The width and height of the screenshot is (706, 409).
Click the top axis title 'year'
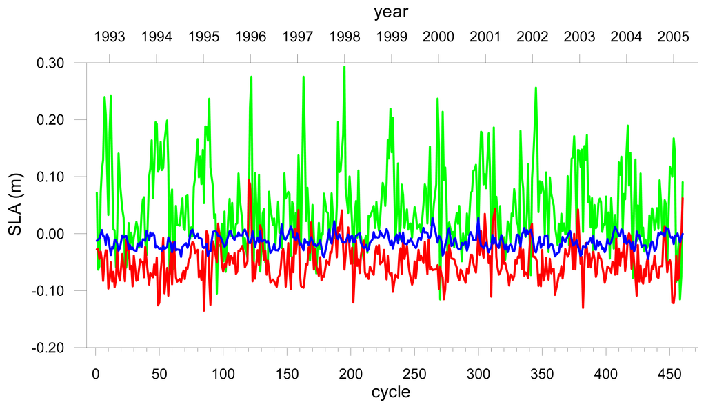tap(391, 12)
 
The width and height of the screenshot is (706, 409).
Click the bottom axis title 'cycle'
tap(391, 392)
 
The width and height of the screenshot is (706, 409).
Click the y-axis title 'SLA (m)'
tap(15, 204)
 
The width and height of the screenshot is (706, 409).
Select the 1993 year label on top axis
tap(110, 37)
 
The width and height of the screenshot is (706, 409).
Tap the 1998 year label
tap(345, 37)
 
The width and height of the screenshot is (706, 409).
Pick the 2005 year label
tap(673, 37)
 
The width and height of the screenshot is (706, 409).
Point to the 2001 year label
tap(485, 37)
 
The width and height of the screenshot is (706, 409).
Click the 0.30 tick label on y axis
tap(50, 63)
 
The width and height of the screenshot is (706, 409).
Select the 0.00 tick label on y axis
tap(50, 234)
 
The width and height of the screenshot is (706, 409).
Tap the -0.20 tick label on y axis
tap(48, 348)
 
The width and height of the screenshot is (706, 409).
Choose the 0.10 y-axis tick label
tap(50, 177)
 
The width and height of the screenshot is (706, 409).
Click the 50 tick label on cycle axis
tap(159, 374)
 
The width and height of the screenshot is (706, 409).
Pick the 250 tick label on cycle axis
tap(414, 374)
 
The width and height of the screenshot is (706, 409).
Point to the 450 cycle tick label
tap(669, 374)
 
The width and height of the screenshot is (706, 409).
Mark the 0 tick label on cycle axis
tap(95, 374)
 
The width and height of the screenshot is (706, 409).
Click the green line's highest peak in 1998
tap(345, 67)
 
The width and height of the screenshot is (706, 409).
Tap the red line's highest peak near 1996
tap(248, 180)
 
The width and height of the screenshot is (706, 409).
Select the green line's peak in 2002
tap(536, 88)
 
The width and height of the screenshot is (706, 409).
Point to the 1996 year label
tap(251, 37)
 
